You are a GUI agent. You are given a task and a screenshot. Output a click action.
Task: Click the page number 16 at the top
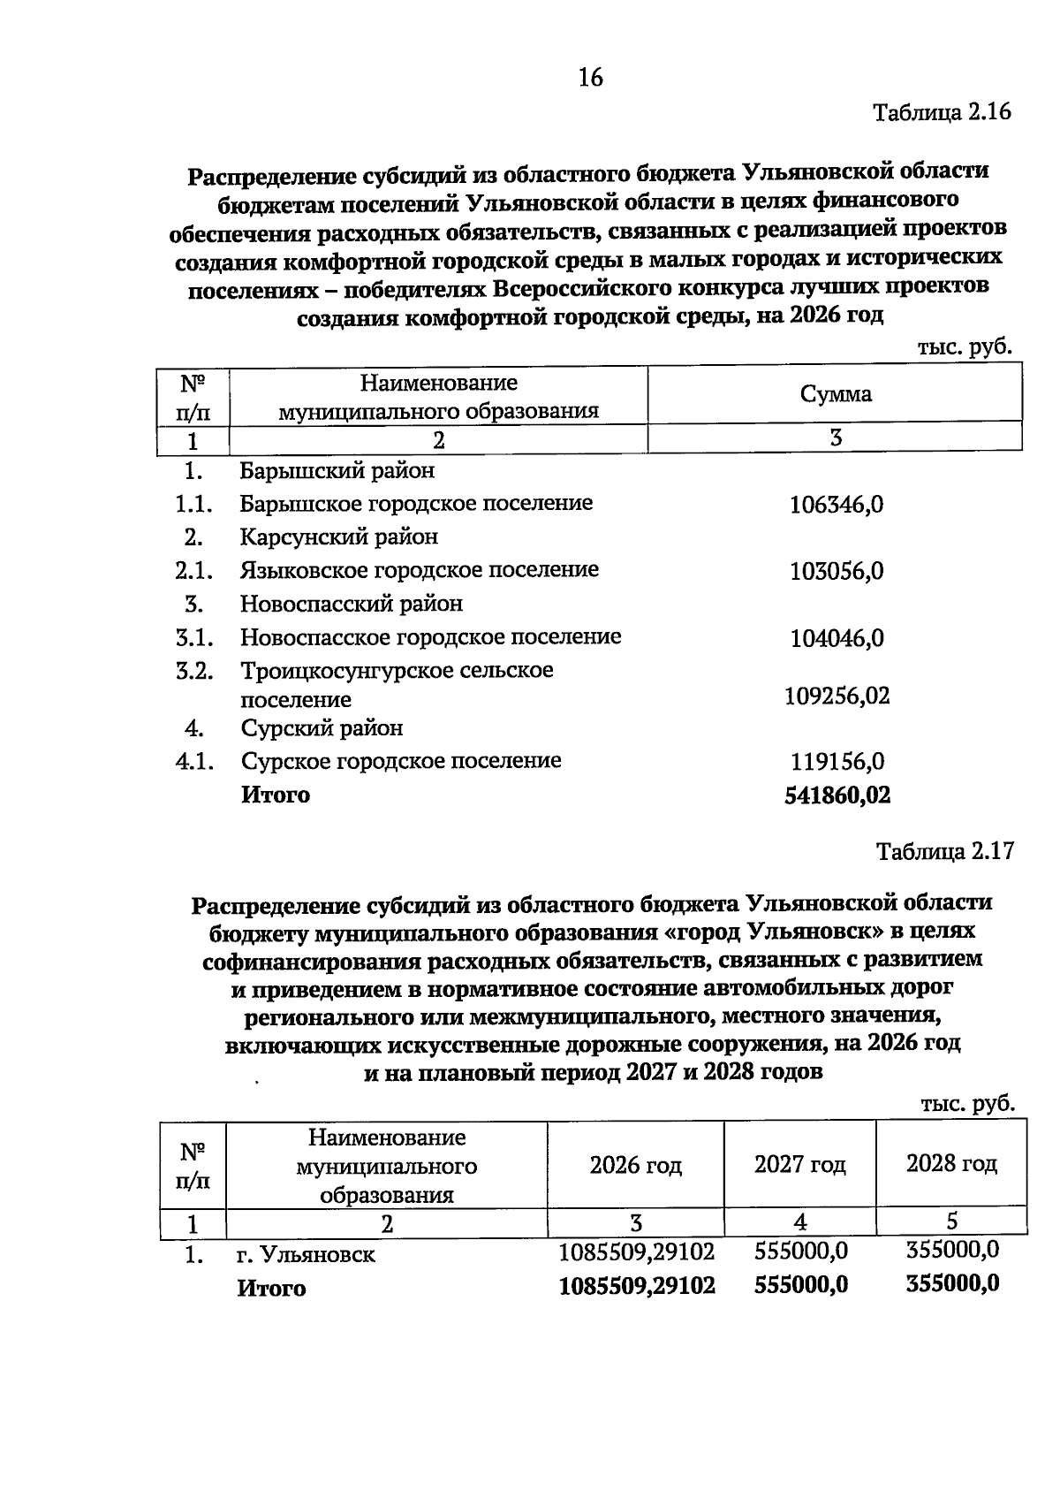[x=590, y=78]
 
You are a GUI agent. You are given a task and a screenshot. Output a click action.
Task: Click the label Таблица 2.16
[x=941, y=112]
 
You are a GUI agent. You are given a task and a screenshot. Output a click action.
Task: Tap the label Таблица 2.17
[x=944, y=851]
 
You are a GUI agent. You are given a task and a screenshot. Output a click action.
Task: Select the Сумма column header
[x=835, y=394]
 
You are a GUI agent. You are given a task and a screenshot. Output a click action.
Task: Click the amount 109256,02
[x=837, y=696]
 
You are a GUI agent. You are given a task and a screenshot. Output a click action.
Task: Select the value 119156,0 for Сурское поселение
[x=837, y=762]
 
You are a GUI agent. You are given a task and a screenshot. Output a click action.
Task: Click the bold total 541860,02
[x=837, y=795]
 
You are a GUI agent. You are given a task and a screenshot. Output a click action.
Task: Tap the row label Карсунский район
[x=338, y=537]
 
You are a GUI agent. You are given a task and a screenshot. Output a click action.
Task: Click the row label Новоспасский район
[x=351, y=605]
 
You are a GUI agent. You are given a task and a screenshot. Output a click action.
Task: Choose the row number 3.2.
[x=194, y=671]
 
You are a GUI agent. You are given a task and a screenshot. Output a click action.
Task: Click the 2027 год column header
[x=799, y=1165]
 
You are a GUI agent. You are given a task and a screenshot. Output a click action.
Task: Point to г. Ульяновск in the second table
[x=306, y=1255]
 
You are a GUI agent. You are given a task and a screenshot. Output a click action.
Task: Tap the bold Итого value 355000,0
[x=952, y=1283]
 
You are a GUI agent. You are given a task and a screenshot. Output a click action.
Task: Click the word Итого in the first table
[x=276, y=795]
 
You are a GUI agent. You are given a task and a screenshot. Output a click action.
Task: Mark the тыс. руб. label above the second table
[x=966, y=1104]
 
